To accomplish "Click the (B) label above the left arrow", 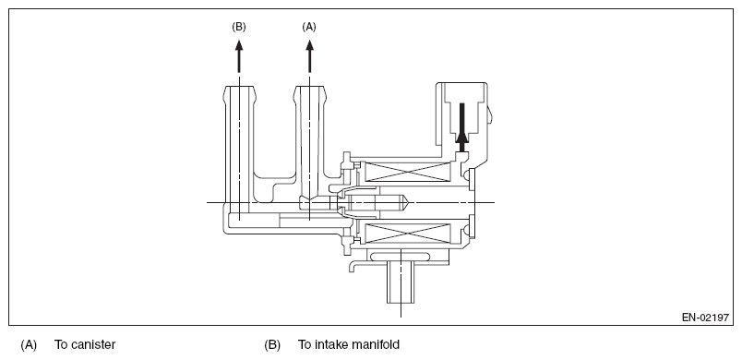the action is pyautogui.click(x=239, y=27).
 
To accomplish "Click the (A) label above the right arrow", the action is pyautogui.click(x=309, y=27).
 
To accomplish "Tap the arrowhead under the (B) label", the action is pyautogui.click(x=239, y=46).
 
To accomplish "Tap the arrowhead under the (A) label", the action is pyautogui.click(x=309, y=46).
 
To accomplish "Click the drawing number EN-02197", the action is pyautogui.click(x=705, y=318).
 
